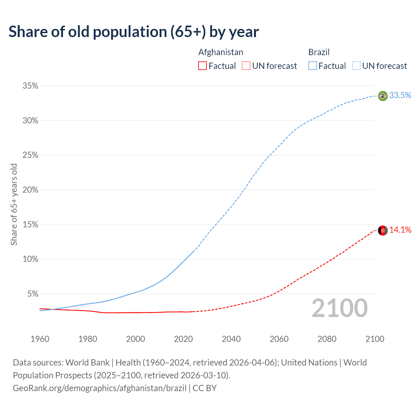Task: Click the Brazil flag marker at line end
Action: (x=383, y=96)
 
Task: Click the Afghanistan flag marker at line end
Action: (x=383, y=230)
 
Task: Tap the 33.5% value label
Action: (x=400, y=95)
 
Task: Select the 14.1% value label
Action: (x=400, y=230)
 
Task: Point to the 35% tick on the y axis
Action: (x=30, y=86)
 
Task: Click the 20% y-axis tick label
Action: (x=30, y=190)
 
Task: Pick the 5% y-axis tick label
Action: (x=32, y=294)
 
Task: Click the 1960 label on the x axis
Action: (x=40, y=339)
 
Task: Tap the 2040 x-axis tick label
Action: (x=231, y=339)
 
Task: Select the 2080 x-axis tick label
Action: (x=327, y=339)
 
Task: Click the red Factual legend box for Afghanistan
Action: (x=202, y=66)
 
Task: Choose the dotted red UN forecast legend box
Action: (x=246, y=66)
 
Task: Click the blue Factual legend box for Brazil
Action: (x=313, y=66)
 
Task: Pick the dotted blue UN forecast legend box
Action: (x=356, y=66)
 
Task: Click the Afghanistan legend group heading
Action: (x=220, y=52)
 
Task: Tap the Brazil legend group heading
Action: (x=319, y=52)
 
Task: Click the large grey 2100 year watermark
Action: (x=339, y=308)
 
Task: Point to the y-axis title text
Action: (x=14, y=204)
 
